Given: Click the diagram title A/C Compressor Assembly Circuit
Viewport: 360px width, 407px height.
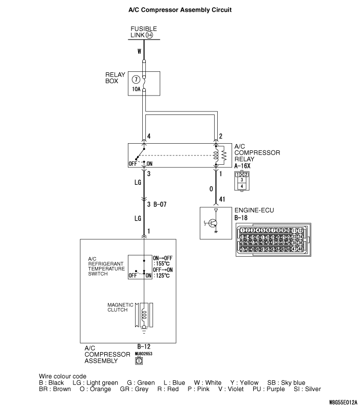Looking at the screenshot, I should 180,9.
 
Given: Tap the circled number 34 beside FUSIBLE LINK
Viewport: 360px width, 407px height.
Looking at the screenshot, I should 149,35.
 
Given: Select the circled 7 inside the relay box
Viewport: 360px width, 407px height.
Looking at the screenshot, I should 136,80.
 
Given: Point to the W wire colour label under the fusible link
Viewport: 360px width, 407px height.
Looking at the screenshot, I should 139,51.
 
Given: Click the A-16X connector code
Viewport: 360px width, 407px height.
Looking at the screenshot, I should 242,166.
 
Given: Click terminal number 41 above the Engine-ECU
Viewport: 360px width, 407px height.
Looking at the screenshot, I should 222,199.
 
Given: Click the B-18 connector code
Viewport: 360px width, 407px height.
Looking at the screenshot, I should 240,218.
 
